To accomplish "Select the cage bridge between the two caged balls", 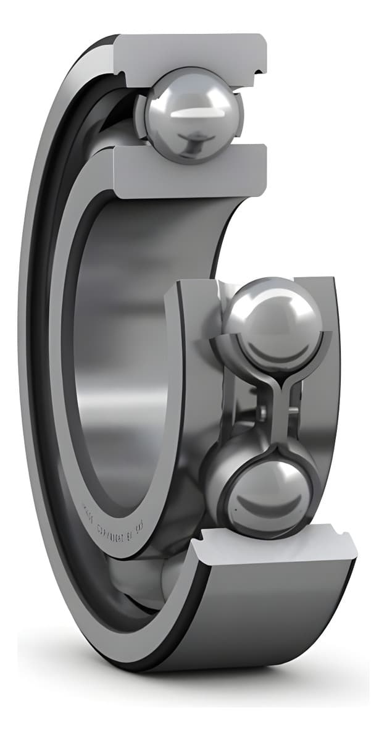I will pyautogui.click(x=272, y=401).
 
